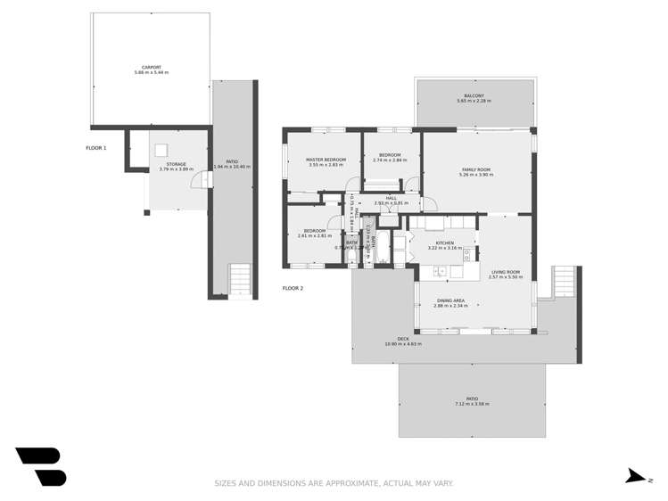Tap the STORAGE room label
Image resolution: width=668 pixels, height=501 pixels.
(x=176, y=163)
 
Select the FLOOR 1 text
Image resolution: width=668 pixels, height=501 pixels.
(x=96, y=147)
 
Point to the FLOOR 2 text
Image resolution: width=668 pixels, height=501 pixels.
(x=293, y=288)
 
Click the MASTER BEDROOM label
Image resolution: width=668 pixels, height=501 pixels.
(x=326, y=160)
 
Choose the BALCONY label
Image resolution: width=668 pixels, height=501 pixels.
(x=474, y=95)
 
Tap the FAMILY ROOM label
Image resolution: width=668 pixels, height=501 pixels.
(x=475, y=169)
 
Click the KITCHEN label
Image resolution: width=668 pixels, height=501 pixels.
(x=444, y=242)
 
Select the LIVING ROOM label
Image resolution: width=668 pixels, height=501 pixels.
(x=505, y=272)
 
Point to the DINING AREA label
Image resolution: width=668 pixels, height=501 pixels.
(x=450, y=300)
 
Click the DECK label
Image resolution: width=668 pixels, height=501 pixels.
(x=403, y=339)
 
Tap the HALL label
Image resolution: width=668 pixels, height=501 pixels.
(x=391, y=198)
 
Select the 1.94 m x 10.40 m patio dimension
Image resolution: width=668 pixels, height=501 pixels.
(x=232, y=167)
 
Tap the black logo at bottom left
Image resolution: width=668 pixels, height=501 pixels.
(x=41, y=466)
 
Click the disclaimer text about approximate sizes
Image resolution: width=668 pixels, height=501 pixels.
(x=334, y=483)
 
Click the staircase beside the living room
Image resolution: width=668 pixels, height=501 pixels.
(x=565, y=283)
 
